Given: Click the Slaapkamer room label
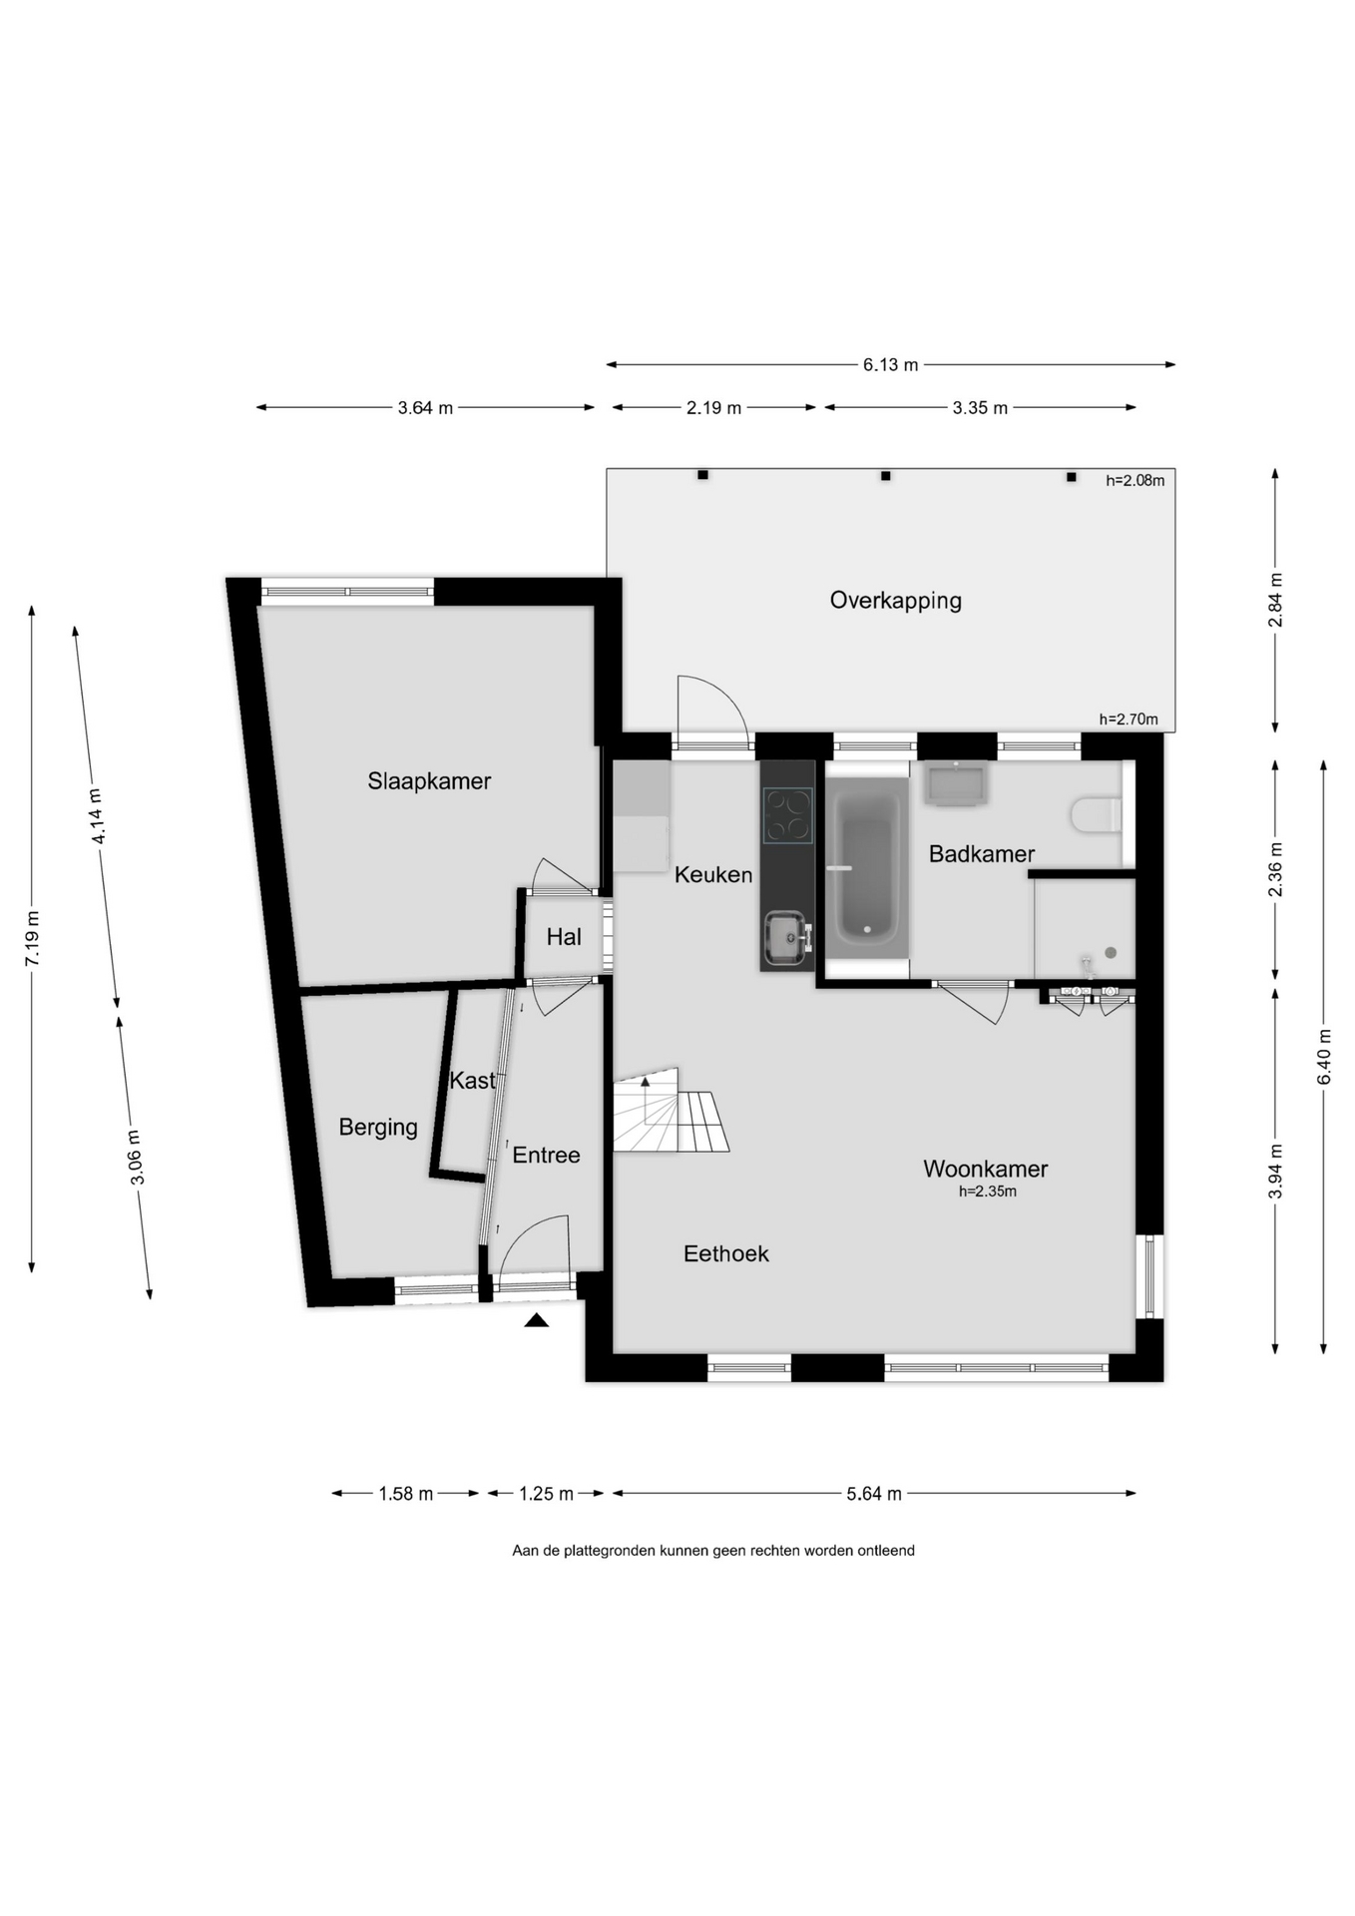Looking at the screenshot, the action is (x=429, y=781).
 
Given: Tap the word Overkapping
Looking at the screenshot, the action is (x=896, y=601).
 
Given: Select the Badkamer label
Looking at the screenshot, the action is (x=982, y=854).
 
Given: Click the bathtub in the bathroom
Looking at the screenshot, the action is (x=867, y=869).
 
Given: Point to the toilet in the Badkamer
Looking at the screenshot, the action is (x=1097, y=814).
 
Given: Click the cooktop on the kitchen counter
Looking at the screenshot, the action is (x=787, y=816).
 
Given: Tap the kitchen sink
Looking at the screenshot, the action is (x=786, y=939).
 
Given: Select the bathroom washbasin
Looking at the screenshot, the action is (x=956, y=783).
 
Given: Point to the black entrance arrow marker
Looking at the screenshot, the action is (x=537, y=1320).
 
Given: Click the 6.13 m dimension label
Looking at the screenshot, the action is (x=890, y=365).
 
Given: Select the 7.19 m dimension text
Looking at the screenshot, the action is (x=33, y=938).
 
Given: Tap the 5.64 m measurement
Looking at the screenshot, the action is (x=874, y=1494).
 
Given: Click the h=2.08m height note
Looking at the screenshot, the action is (x=1134, y=480).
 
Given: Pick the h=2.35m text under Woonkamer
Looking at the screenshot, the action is (x=988, y=1192).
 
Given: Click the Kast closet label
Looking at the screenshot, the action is (x=472, y=1081).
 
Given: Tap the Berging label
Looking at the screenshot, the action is (x=378, y=1128).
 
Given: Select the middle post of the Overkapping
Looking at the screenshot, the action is (x=885, y=476).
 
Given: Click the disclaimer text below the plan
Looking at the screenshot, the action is (x=713, y=1551).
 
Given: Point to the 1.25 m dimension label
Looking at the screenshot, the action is (x=546, y=1494).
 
